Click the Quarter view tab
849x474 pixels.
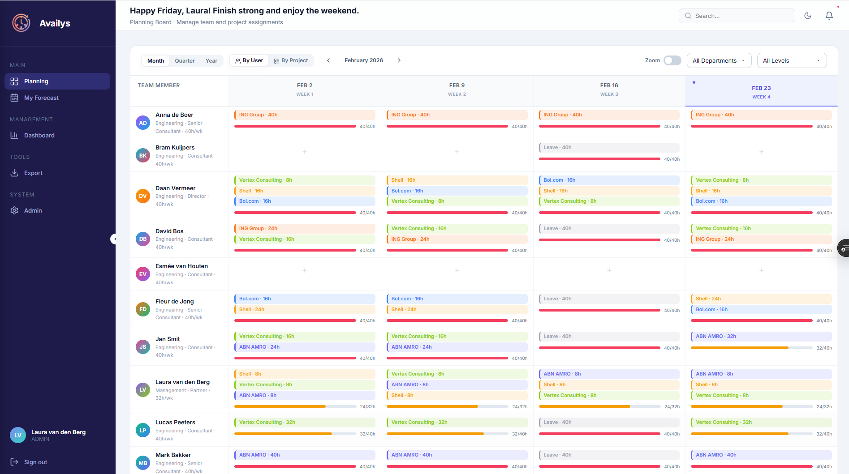point(185,61)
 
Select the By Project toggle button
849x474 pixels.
point(291,61)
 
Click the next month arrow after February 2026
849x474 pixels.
point(399,60)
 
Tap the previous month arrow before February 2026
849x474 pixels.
point(328,60)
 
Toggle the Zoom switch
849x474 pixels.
point(672,60)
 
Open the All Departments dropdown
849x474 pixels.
point(719,60)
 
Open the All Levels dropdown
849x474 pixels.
point(791,60)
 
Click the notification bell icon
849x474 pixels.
point(829,16)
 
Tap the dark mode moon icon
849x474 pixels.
point(808,16)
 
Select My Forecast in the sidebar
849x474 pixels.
point(41,98)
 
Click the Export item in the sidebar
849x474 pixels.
point(33,173)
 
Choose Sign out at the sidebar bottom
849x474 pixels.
point(35,462)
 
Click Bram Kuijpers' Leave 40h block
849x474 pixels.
point(608,148)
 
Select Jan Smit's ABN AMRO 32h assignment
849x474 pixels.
point(761,337)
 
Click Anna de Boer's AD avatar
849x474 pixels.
point(143,123)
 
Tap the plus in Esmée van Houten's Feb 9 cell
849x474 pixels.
point(457,270)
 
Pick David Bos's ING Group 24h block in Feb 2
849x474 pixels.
point(305,229)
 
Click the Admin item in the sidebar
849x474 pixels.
point(33,211)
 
